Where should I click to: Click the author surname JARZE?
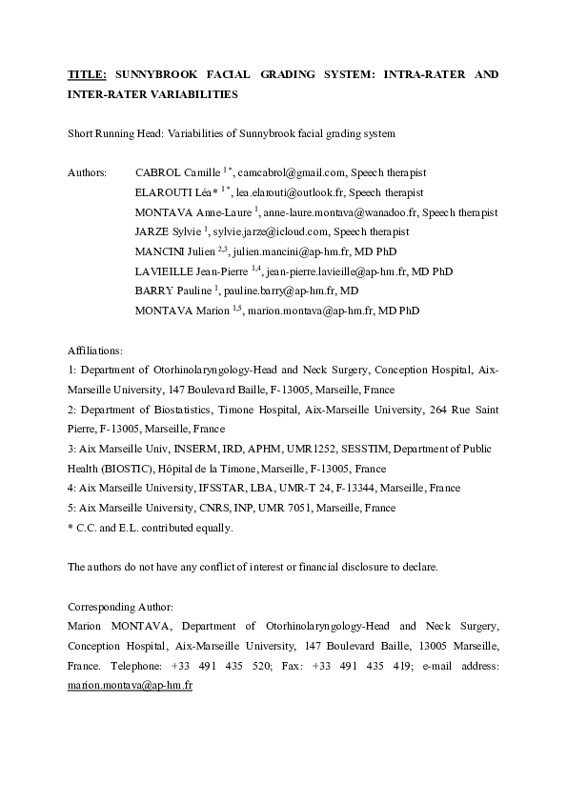pos(152,231)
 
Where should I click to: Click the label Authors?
pos(88,172)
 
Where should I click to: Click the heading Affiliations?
pos(95,351)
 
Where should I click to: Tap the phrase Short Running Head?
pos(115,133)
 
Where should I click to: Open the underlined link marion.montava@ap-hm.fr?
pos(130,685)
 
